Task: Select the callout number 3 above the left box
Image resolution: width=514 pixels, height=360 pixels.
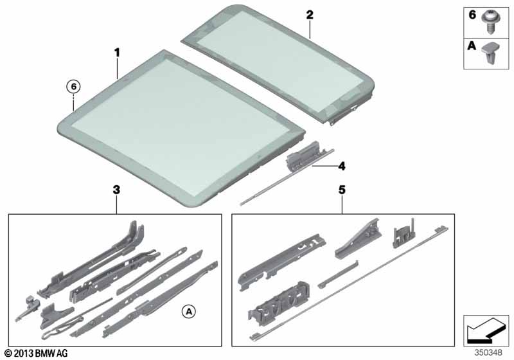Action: [x=116, y=190]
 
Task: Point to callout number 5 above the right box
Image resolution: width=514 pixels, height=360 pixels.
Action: [x=342, y=190]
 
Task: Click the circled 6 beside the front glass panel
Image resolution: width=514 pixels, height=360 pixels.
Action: [x=74, y=85]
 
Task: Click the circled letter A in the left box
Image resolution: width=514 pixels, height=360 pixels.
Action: [x=188, y=312]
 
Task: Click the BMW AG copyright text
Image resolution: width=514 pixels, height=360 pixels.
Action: [x=35, y=353]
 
